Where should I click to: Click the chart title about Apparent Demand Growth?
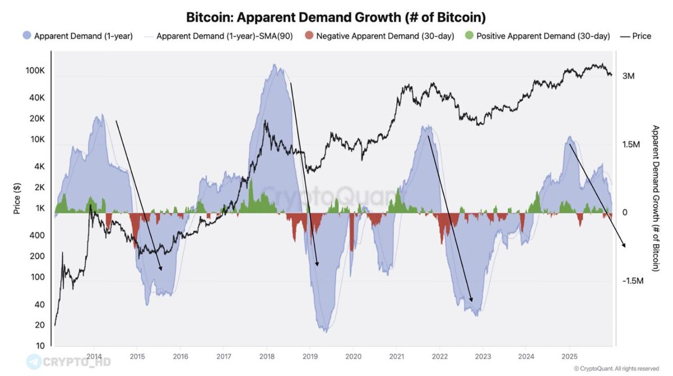pos(336,17)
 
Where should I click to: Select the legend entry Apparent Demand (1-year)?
pos(83,36)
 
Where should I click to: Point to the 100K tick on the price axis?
pos(35,71)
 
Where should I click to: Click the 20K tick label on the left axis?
pos(36,118)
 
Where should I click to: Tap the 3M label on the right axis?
pos(628,76)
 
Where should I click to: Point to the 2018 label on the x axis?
pos(267,356)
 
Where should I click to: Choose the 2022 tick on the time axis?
pos(440,356)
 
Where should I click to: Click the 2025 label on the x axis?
pos(569,356)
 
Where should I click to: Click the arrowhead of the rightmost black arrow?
pos(624,245)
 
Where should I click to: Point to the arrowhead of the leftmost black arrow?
pos(161,270)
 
